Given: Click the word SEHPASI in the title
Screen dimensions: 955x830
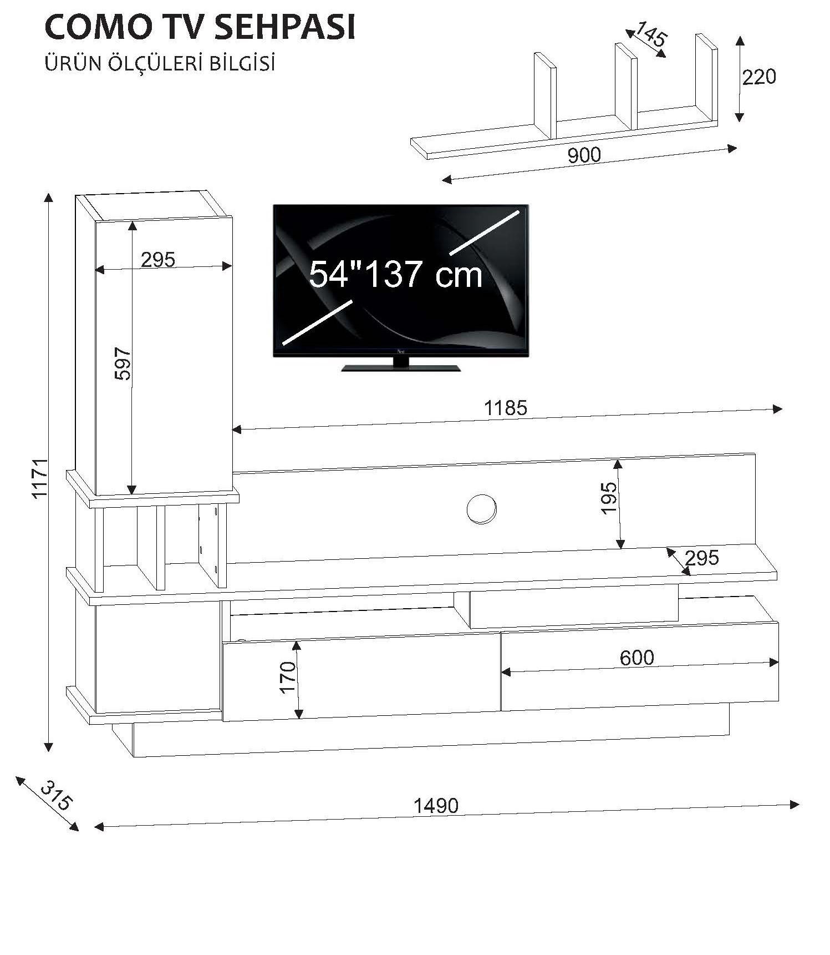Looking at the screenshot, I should tap(284, 27).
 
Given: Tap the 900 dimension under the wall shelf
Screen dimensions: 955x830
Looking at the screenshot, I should tap(584, 155).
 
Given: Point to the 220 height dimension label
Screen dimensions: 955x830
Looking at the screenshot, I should tap(759, 77).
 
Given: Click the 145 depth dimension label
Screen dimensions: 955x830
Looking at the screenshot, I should tap(650, 34).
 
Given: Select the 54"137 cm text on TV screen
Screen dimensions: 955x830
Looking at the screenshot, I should tap(395, 274).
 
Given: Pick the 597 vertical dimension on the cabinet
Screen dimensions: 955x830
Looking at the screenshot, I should tap(123, 363).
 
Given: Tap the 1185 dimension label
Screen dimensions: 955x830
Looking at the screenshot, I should tap(505, 408).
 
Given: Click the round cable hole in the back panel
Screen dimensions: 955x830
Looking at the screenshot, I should tap(481, 508).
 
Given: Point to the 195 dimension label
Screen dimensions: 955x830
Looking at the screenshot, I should tap(609, 498).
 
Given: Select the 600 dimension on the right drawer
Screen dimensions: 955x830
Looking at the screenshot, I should tap(636, 658).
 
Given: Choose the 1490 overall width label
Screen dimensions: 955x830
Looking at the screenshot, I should tap(436, 805).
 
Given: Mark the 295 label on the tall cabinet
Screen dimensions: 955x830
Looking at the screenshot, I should tap(157, 259).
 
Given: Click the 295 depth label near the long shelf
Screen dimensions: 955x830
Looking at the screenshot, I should tap(701, 557).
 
